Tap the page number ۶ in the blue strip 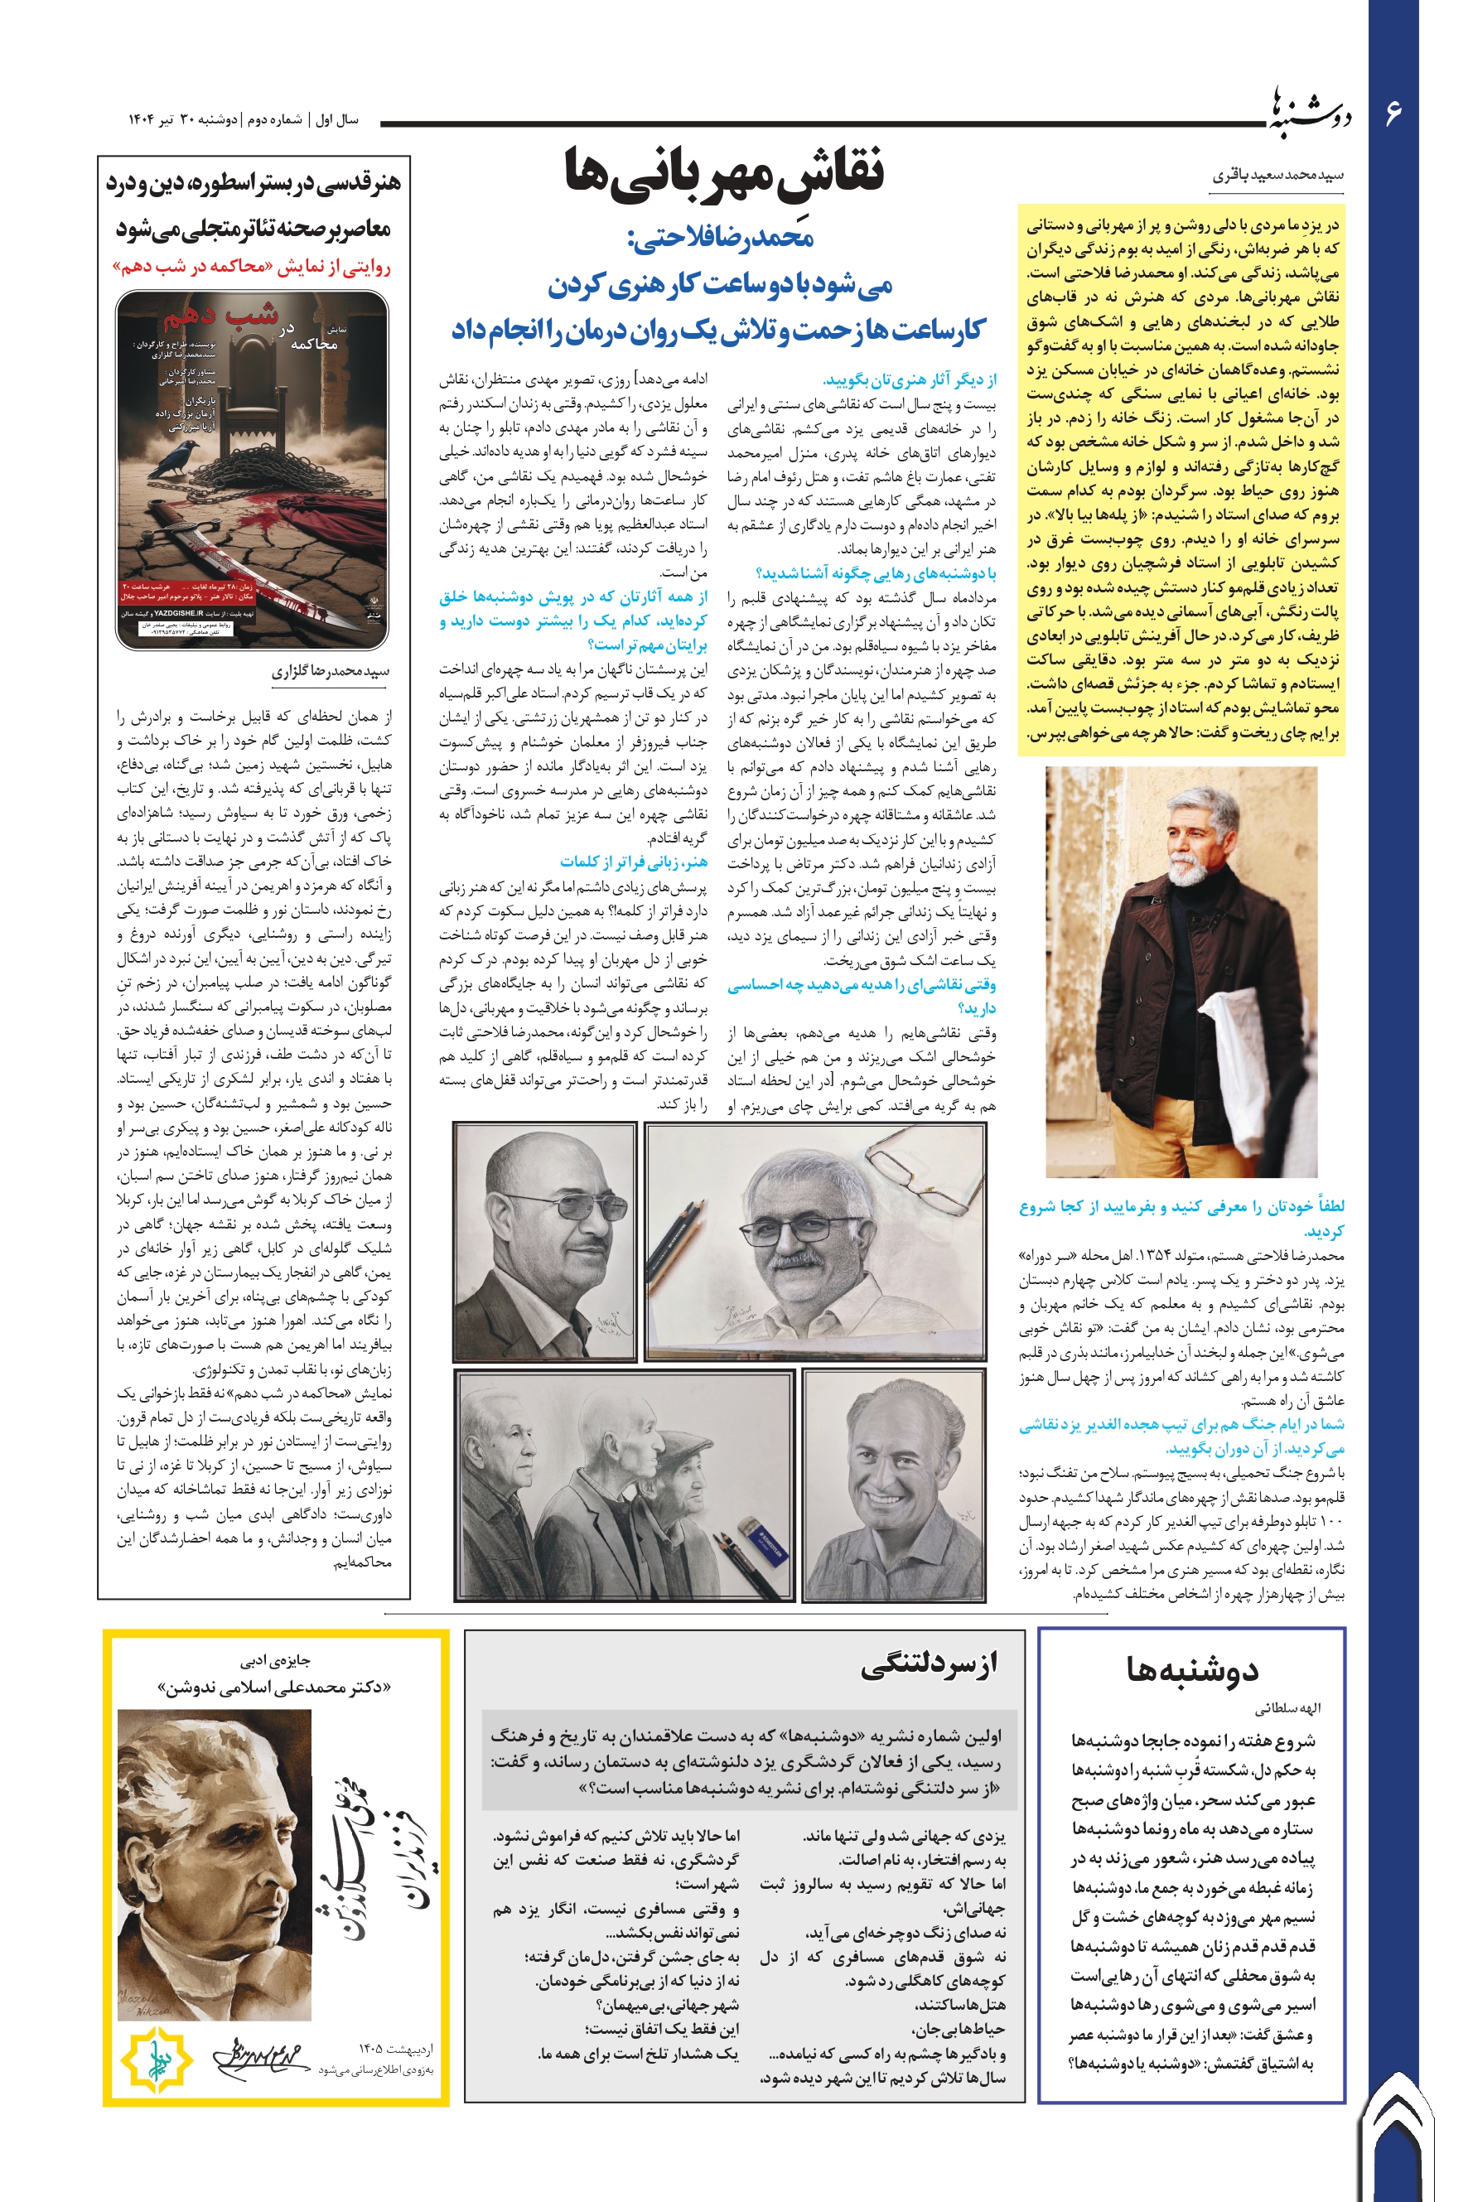(x=1393, y=113)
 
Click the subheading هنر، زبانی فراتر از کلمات (x=634, y=862)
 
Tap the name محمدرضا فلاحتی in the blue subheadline (x=721, y=239)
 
